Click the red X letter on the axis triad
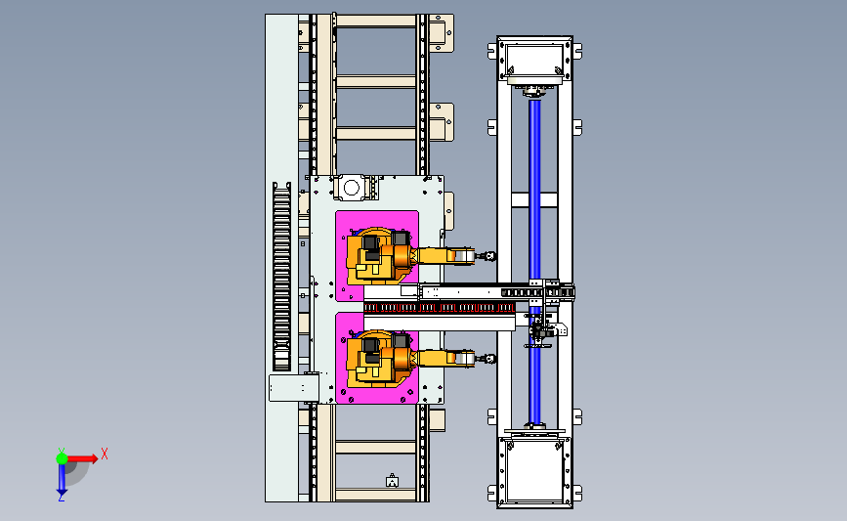[105, 454]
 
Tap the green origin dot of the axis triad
[62, 458]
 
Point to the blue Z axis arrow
[62, 478]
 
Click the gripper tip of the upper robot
[490, 256]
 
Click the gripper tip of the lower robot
[490, 359]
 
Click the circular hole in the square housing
[351, 188]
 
